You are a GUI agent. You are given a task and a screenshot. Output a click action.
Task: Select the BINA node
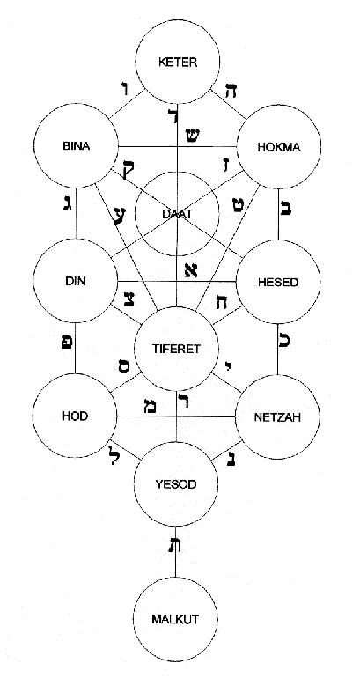pyautogui.click(x=77, y=145)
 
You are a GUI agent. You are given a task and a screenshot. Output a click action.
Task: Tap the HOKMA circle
pyautogui.click(x=281, y=147)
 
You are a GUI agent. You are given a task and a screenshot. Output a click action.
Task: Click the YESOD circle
pyautogui.click(x=179, y=483)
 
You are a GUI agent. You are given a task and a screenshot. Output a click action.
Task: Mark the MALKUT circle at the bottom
pyautogui.click(x=179, y=619)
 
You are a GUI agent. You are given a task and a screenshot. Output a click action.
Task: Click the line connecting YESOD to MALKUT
pyautogui.click(x=179, y=564)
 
